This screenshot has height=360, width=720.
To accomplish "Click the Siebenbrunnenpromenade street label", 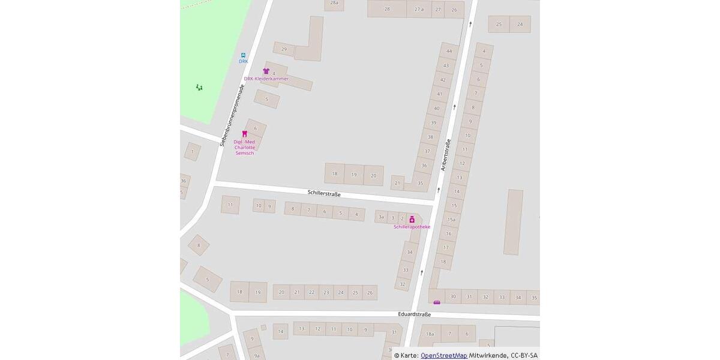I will [x=232, y=115].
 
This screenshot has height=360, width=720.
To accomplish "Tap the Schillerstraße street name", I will [x=324, y=194].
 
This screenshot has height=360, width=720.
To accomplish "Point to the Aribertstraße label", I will [x=446, y=155].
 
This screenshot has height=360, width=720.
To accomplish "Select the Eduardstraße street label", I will [x=415, y=314].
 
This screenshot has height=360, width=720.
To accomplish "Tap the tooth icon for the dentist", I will [x=244, y=134].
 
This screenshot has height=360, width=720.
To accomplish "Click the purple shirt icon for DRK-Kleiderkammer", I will [x=266, y=71].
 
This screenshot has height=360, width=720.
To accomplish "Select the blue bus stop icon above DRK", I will [x=243, y=55].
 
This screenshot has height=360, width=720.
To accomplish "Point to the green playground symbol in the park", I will [x=199, y=88].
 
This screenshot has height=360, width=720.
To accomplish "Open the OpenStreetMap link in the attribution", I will [x=443, y=355].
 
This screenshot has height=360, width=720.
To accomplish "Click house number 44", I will [x=449, y=51].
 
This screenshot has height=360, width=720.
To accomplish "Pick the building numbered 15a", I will [x=451, y=220].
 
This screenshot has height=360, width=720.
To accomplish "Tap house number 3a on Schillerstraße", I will [x=381, y=217].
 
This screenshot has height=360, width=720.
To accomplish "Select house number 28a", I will [x=334, y=3].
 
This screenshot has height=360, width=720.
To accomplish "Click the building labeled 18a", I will [x=430, y=334].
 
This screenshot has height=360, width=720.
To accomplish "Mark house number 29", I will [x=284, y=49].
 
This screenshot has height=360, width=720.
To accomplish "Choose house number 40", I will [x=437, y=109].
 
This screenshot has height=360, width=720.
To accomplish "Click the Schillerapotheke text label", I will [x=412, y=227].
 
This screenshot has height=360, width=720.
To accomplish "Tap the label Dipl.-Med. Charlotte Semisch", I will [x=244, y=147].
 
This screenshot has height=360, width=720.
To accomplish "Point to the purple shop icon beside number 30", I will [x=437, y=302].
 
